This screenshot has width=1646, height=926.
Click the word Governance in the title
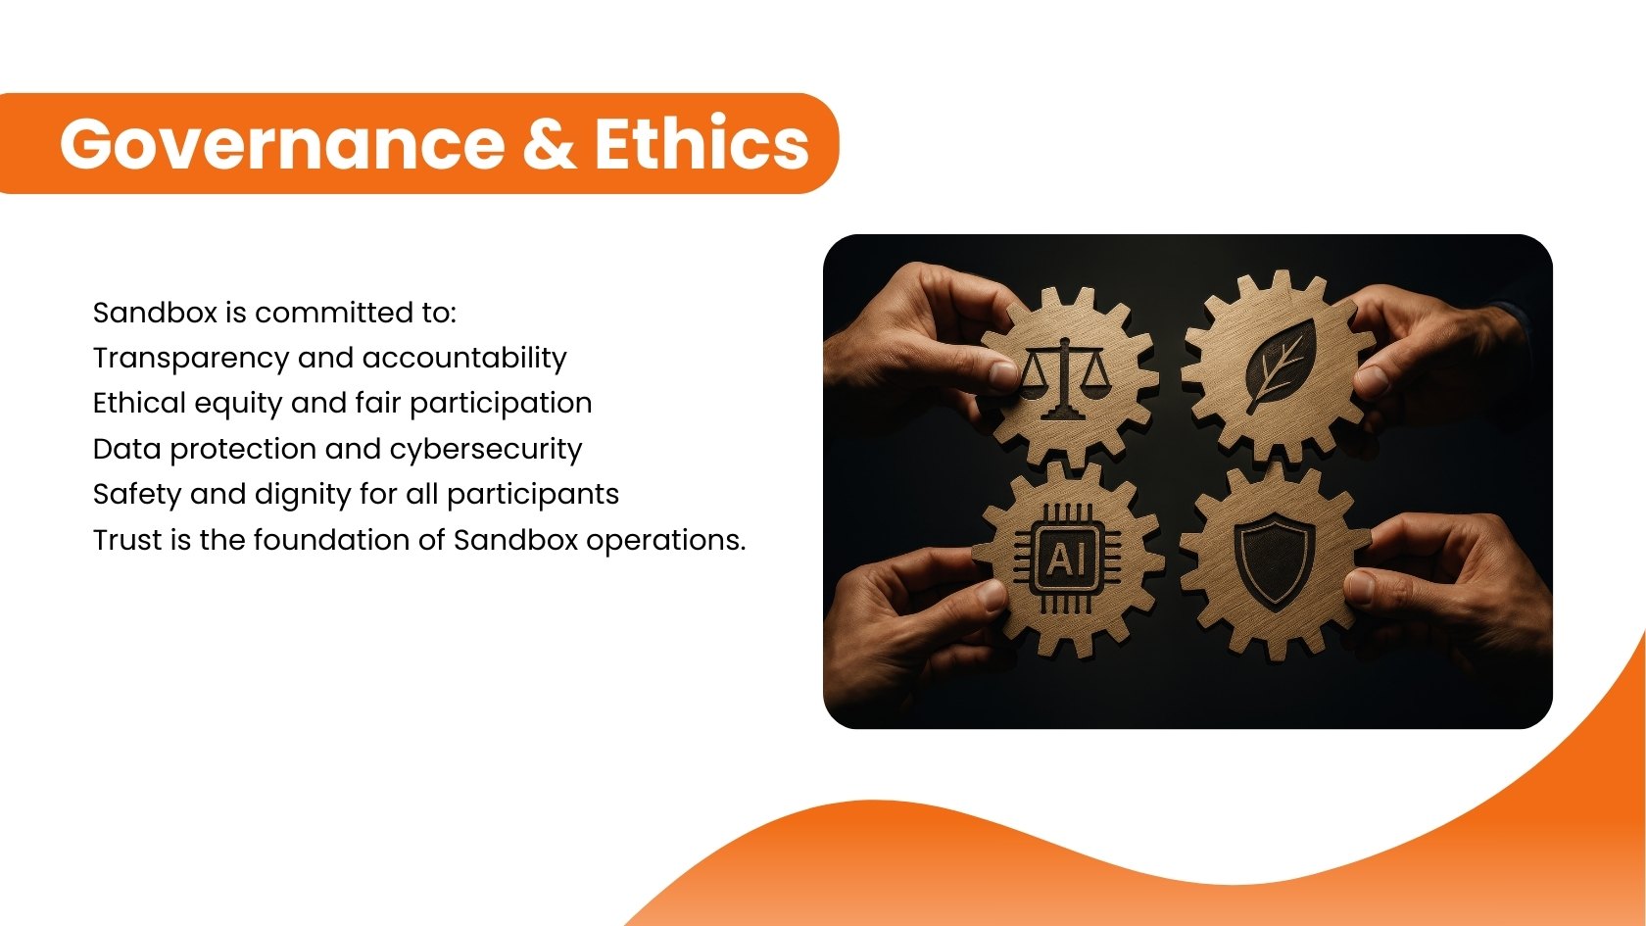point(282,143)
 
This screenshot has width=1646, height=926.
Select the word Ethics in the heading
point(702,141)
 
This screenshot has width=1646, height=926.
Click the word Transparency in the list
point(191,359)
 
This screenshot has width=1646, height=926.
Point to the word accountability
point(464,359)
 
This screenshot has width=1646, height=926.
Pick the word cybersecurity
point(486,449)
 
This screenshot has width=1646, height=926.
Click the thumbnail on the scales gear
point(1003,373)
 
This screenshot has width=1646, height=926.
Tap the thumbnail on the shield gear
point(1360,586)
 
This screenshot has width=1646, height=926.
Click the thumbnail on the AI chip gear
point(993,596)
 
